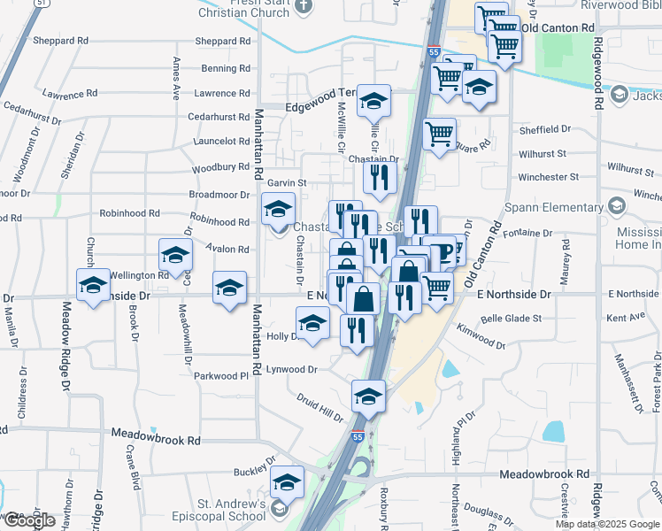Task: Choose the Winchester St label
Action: (554, 177)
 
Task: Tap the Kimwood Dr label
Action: (481, 336)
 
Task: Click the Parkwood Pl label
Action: (221, 376)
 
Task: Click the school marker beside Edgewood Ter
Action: (374, 102)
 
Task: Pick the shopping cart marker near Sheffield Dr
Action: (439, 135)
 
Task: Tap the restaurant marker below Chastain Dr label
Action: (380, 178)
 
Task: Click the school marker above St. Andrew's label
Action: (287, 482)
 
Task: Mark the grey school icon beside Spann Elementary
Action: (616, 207)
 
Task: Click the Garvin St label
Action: (287, 182)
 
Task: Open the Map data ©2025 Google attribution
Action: (608, 524)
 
